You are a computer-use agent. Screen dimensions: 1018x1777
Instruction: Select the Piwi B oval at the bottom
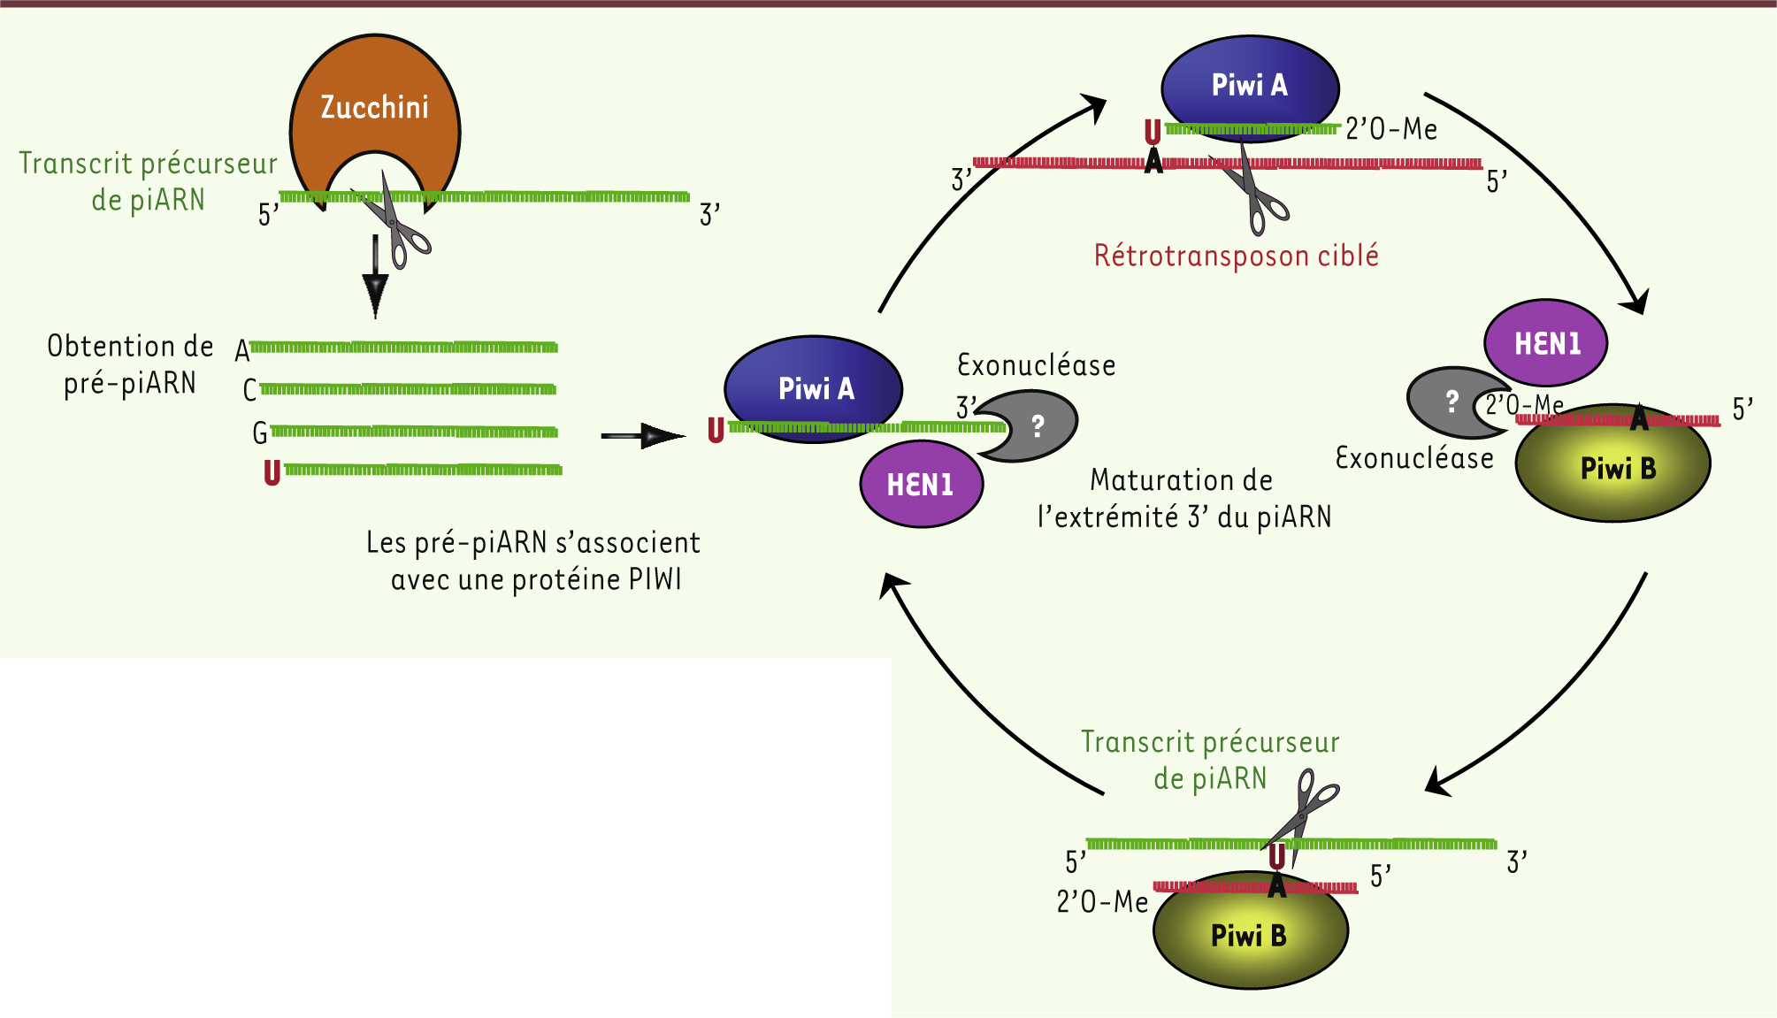tap(1249, 933)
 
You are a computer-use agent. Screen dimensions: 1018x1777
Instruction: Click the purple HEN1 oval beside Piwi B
tap(1546, 343)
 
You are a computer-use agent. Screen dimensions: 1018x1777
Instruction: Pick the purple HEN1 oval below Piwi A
tap(921, 484)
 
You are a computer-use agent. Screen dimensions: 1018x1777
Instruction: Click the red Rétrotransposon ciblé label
tap(1236, 256)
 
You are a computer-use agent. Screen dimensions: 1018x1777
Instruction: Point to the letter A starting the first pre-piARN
tap(242, 351)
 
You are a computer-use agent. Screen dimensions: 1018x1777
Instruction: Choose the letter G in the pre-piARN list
tap(260, 432)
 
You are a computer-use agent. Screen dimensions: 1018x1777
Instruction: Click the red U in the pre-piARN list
tap(272, 472)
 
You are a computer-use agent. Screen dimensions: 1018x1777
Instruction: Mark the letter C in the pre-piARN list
tap(250, 390)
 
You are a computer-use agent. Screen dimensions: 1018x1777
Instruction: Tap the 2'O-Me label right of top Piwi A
tap(1390, 130)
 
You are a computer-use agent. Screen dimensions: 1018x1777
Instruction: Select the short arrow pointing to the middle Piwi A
tap(642, 435)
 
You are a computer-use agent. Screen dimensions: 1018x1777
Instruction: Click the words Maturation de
tap(1181, 480)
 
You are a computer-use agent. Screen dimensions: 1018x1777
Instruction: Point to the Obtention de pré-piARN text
tap(130, 364)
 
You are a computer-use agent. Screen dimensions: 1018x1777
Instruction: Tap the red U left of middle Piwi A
tap(716, 431)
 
